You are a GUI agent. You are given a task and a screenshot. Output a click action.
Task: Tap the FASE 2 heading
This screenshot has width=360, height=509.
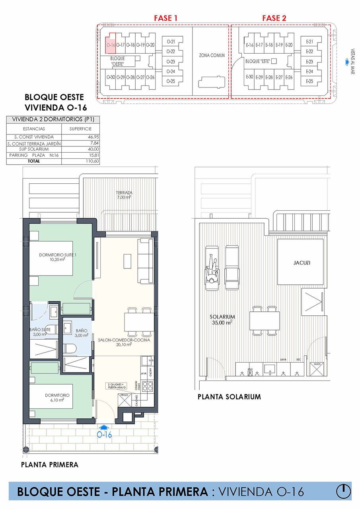coord(274,18)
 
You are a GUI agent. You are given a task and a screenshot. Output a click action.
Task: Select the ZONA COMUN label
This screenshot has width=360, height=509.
coord(212,55)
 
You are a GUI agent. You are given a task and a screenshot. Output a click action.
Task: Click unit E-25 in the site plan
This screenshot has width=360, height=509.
coord(310,81)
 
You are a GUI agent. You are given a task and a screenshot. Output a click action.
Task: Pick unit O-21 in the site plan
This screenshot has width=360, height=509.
coord(171,41)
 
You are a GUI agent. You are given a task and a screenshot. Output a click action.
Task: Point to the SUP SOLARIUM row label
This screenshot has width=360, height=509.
coord(34,149)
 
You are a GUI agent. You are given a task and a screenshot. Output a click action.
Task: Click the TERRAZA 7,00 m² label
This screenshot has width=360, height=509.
coord(125,194)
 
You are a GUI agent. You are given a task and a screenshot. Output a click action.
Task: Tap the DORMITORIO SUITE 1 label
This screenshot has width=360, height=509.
coord(55,257)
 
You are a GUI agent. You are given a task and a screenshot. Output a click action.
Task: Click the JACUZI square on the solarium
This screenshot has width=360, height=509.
coord(300,262)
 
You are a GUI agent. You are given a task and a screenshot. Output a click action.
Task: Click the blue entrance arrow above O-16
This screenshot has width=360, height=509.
coord(104,427)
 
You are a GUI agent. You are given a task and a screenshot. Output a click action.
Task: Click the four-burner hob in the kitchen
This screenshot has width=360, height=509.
coord(148,385)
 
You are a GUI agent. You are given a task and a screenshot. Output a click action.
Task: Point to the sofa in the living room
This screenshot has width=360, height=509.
coord(146,260)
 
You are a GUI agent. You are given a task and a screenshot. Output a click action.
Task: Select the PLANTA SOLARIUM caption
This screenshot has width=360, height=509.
coord(229,396)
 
